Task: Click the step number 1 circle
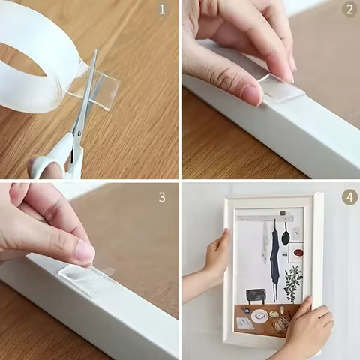click(161, 10)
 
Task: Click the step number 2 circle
click(349, 10)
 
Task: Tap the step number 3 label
click(161, 197)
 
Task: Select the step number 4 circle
click(349, 197)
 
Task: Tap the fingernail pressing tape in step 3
click(85, 253)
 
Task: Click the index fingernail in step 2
click(252, 93)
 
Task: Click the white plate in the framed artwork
click(260, 316)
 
